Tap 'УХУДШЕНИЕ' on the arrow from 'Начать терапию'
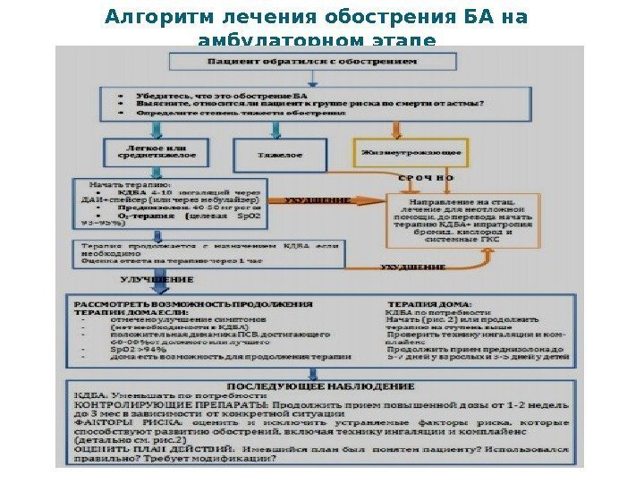[317, 201]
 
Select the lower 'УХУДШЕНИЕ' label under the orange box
[413, 267]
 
